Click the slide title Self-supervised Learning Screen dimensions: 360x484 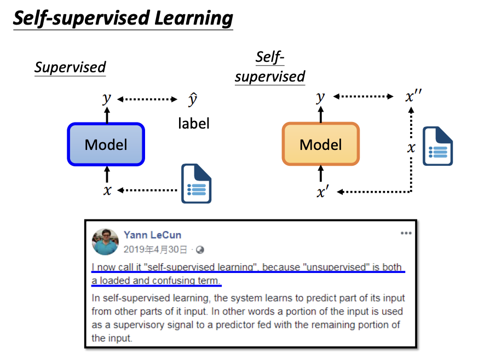click(x=123, y=18)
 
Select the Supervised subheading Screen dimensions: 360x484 click(x=70, y=67)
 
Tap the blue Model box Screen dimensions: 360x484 click(x=106, y=144)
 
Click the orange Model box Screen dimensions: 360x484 click(x=321, y=144)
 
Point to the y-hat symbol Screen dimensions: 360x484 click(x=192, y=100)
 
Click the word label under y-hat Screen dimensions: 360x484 click(x=193, y=124)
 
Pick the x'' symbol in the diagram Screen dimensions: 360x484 click(x=413, y=97)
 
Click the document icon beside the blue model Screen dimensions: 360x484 click(x=197, y=183)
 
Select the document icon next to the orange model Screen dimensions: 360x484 click(x=437, y=146)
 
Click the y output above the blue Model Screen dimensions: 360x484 click(x=107, y=98)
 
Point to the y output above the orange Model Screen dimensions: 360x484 click(x=321, y=97)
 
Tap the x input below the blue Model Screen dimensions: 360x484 click(x=107, y=190)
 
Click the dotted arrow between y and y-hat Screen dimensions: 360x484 click(x=148, y=100)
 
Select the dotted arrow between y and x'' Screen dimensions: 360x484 click(x=364, y=97)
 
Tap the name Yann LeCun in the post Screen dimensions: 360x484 click(x=152, y=235)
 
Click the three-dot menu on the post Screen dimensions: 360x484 click(x=406, y=233)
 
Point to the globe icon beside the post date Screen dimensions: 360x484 click(x=200, y=249)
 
